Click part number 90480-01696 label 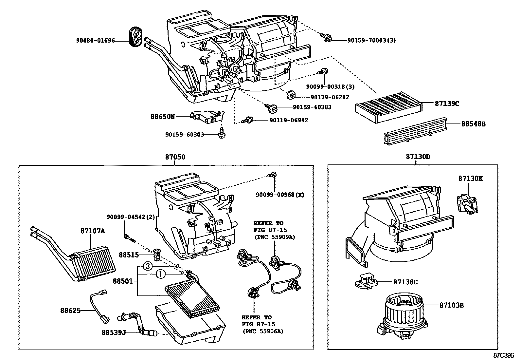pos(96,41)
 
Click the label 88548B pos(473,124)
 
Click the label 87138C pos(405,282)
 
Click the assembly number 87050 pos(175,157)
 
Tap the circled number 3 pos(148,266)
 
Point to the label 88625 pos(70,310)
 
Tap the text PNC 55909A pos(275,237)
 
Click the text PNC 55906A pos(262,331)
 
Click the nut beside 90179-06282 pos(290,95)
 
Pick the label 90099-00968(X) pos(280,195)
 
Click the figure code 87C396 pos(504,355)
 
